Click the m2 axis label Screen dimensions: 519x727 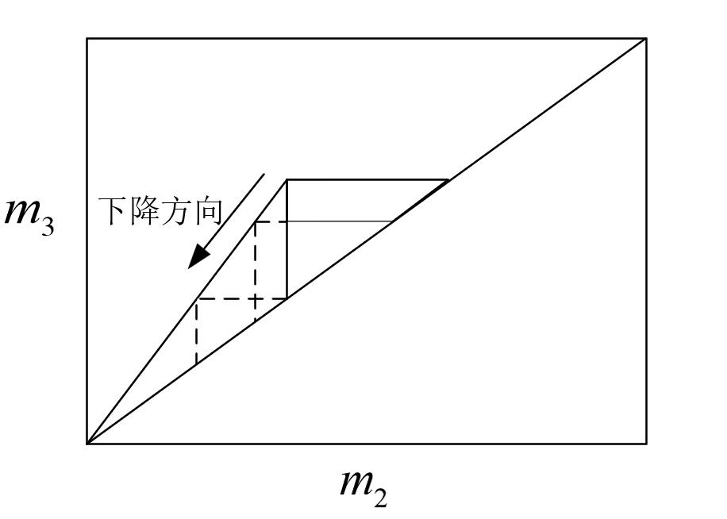(x=364, y=485)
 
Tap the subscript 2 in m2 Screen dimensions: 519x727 (x=382, y=495)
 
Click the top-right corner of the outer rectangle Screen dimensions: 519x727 (x=646, y=38)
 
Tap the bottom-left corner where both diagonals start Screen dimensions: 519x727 (x=87, y=443)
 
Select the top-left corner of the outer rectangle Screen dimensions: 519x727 (x=87, y=38)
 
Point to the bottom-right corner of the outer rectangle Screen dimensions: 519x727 (x=646, y=443)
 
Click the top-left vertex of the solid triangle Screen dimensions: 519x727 (x=287, y=180)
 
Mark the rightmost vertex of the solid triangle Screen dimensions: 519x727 (x=448, y=180)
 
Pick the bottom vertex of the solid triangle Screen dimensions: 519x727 (x=287, y=298)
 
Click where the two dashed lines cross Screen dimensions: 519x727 (x=255, y=298)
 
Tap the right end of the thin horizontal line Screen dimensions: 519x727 (x=394, y=221)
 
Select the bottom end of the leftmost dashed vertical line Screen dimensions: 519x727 (x=196, y=365)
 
